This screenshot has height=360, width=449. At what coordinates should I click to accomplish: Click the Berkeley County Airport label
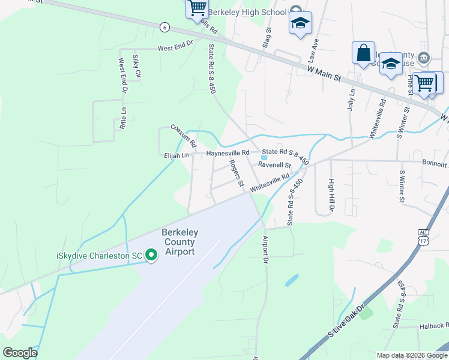(178, 242)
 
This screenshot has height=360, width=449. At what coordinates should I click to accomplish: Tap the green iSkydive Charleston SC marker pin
(151, 256)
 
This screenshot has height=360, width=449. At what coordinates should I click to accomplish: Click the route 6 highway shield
(165, 27)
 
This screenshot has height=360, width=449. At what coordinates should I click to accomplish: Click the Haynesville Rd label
(228, 154)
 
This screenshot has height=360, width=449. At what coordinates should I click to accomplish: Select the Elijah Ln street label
(176, 155)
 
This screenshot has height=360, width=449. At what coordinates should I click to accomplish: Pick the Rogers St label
(236, 173)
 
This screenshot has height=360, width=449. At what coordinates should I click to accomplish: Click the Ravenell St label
(274, 165)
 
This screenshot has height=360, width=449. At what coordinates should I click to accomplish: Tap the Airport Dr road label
(265, 249)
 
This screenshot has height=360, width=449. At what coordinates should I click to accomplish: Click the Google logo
(20, 353)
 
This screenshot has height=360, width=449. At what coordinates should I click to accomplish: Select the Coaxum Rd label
(184, 136)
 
